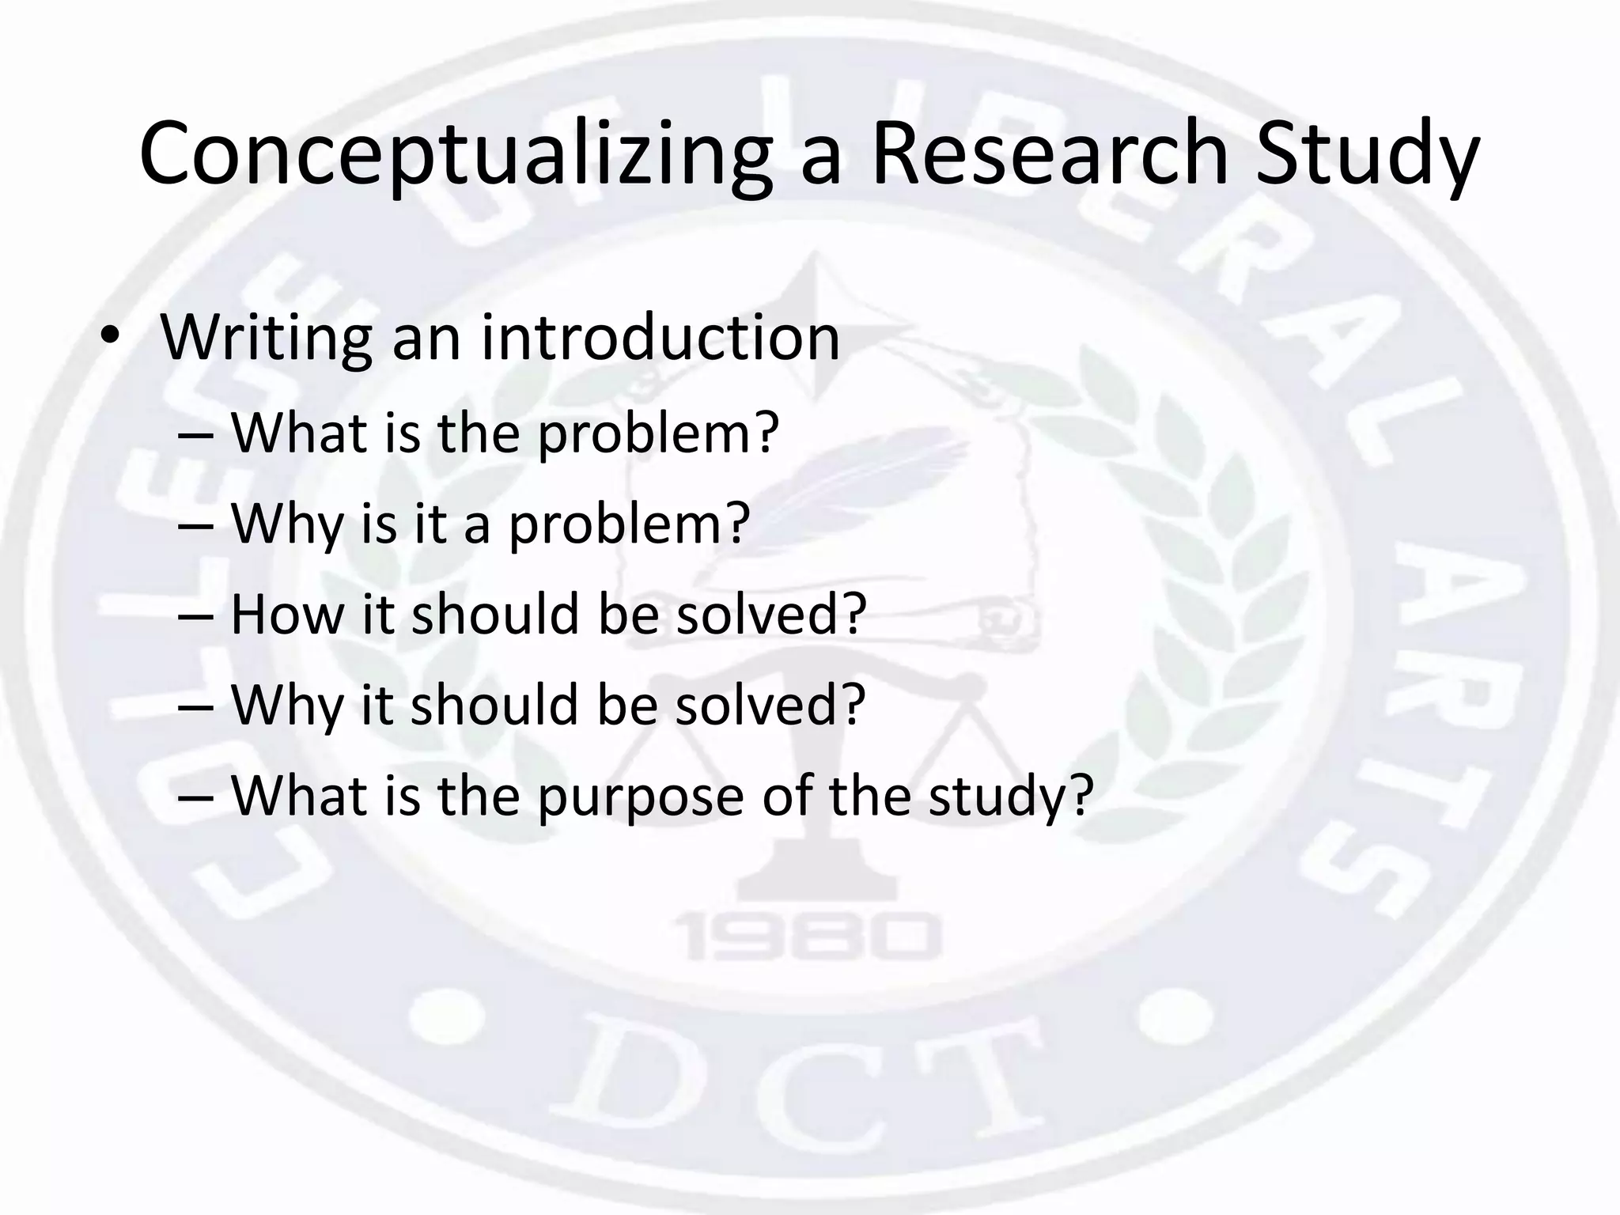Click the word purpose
pyautogui.click(x=641, y=796)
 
